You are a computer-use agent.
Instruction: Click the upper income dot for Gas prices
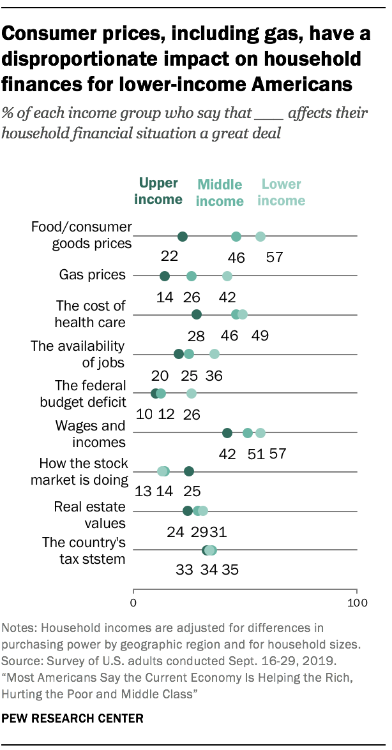point(165,276)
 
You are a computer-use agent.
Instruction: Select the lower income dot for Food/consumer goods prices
point(260,237)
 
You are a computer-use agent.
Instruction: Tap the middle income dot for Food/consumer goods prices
point(236,237)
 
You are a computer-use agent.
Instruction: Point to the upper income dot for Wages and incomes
point(227,433)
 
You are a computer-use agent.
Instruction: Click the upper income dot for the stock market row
point(189,471)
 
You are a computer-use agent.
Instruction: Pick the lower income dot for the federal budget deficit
point(192,393)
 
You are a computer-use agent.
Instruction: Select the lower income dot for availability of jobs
point(215,354)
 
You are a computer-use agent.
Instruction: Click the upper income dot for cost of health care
point(197,314)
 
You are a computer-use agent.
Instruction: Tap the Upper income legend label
point(158,191)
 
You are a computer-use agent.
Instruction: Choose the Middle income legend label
point(220,193)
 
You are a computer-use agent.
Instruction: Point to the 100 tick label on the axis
point(356,602)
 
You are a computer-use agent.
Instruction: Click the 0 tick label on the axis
point(134,602)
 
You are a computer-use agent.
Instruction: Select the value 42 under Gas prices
point(227,297)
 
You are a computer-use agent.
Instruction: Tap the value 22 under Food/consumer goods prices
point(169,258)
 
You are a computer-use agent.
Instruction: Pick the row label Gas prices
point(92,276)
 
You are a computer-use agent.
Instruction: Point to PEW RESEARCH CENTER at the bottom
point(73,718)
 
